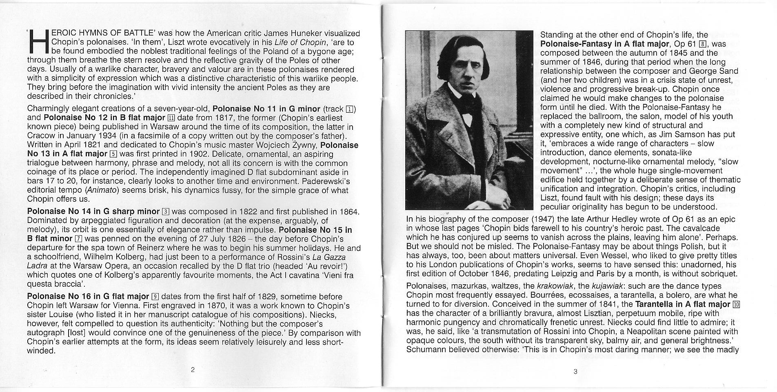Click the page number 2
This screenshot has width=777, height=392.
click(193, 370)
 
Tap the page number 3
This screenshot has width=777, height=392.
click(575, 371)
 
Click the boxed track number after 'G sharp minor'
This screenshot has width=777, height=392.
click(165, 212)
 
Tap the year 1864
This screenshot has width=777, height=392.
click(347, 212)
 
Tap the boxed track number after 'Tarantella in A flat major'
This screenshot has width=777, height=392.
click(736, 304)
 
